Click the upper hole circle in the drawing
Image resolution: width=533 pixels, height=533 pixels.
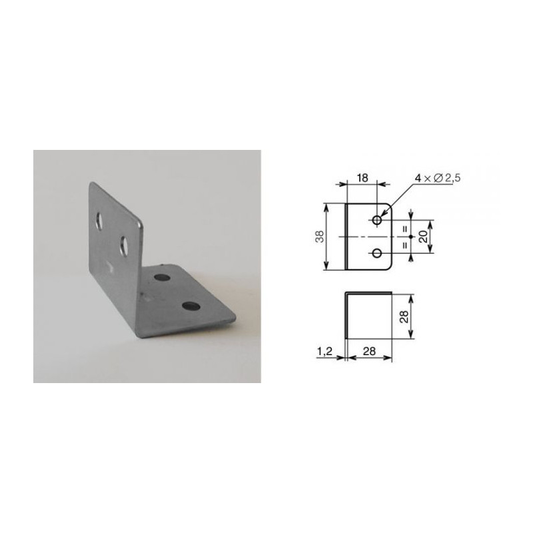[x=377, y=219]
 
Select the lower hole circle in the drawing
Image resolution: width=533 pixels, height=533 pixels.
[x=377, y=253]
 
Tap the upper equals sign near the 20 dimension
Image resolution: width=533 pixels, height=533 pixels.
[x=404, y=228]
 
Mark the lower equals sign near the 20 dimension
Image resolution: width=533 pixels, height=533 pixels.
[x=404, y=245]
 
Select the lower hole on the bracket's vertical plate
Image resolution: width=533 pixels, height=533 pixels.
[x=125, y=245]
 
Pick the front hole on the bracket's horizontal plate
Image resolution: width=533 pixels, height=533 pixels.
[x=191, y=306]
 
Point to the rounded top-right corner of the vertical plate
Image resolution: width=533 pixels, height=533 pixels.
[x=141, y=219]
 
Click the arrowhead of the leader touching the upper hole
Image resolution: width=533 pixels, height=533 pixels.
[x=382, y=215]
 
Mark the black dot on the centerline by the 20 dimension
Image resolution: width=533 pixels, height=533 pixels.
[x=413, y=237]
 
